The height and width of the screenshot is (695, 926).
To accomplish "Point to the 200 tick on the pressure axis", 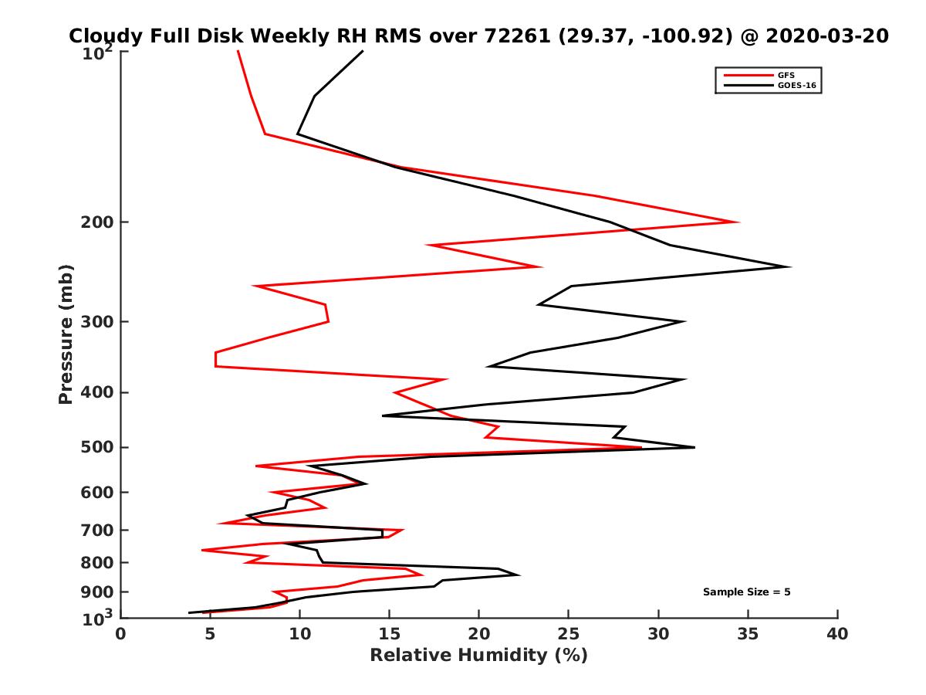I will coord(99,222).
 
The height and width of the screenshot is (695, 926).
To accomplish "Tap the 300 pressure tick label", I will coord(99,321).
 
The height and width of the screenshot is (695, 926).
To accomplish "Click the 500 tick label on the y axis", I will coord(99,447).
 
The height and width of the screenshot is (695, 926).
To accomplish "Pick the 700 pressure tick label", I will coord(99,530).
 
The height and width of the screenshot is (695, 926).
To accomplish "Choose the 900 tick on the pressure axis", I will coord(99,592).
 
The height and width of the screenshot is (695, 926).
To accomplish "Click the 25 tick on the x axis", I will coord(569,634).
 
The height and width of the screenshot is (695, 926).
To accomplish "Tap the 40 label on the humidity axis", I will coord(837,634).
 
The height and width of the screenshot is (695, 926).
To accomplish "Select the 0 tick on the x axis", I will coord(121,634).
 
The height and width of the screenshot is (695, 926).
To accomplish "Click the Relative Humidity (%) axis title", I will coord(478,656).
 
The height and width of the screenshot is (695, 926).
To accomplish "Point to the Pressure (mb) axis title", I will coord(66,334).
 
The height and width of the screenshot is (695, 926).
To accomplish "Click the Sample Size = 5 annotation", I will coord(746,592).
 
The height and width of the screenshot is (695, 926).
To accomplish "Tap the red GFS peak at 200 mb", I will coord(738,222).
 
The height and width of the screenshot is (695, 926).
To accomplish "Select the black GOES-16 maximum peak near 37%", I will coord(789,267).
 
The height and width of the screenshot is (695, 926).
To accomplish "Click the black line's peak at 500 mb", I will coord(694,447).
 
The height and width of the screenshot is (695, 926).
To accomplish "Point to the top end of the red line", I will coord(238,51).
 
